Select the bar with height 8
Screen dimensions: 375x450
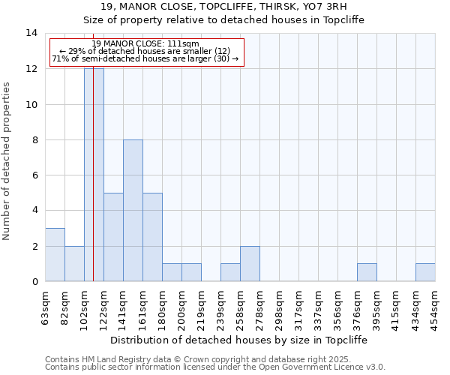click(133, 210)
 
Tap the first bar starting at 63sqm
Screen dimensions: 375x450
click(55, 255)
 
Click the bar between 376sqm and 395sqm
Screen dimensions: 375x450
click(367, 273)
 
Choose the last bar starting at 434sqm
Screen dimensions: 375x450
click(425, 273)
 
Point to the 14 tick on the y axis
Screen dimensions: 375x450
click(31, 33)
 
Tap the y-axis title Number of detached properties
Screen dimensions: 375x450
click(7, 161)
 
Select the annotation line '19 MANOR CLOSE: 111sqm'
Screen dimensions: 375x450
click(145, 43)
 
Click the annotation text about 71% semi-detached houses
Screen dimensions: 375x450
click(145, 58)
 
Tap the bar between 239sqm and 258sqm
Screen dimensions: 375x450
click(230, 273)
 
